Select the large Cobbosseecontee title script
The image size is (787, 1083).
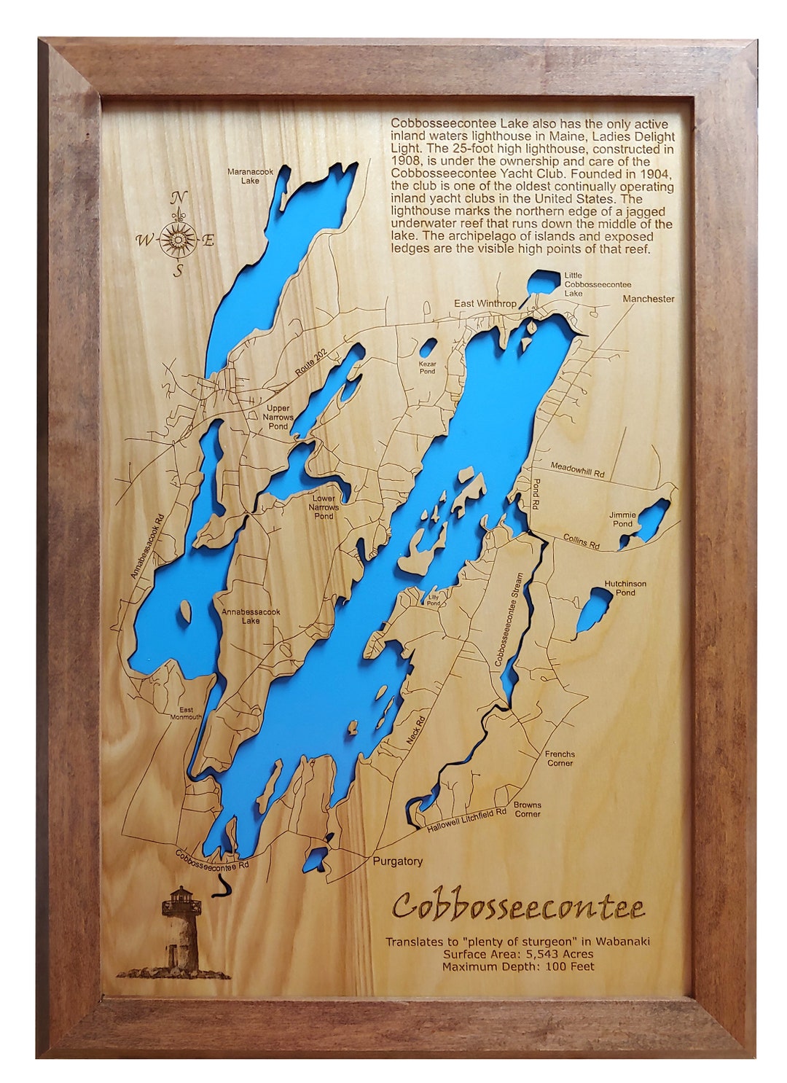[x=519, y=907]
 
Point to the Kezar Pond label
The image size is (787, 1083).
[x=427, y=367]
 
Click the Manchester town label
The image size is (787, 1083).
[x=648, y=299]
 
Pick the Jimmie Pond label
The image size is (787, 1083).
[x=622, y=519]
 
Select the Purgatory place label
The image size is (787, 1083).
[x=397, y=861]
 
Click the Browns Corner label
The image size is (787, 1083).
[x=527, y=809]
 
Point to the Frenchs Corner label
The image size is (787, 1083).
[x=560, y=759]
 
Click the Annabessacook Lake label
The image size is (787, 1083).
[x=251, y=617]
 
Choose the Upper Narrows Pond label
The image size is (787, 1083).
[x=278, y=417]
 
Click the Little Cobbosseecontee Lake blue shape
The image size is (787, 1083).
[x=540, y=281]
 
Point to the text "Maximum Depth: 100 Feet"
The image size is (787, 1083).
[x=517, y=966]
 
